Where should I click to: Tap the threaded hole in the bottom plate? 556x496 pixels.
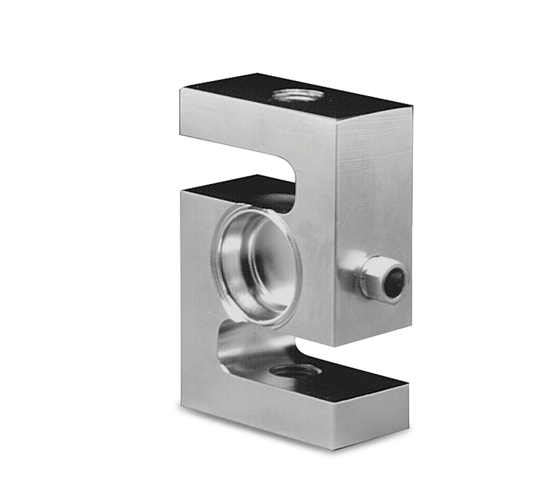click(294, 372)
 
